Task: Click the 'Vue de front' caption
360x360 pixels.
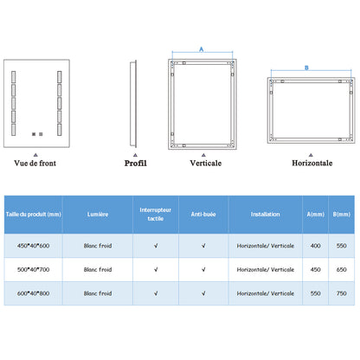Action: pyautogui.click(x=35, y=164)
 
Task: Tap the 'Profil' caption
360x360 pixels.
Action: pyautogui.click(x=136, y=164)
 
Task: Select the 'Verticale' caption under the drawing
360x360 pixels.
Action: pyautogui.click(x=206, y=164)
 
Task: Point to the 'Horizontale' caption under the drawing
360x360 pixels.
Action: pyautogui.click(x=312, y=164)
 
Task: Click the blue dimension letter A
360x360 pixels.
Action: pyautogui.click(x=202, y=49)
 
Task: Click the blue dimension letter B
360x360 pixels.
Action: pyautogui.click(x=306, y=67)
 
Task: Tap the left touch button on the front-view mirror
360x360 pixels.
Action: pyautogui.click(x=34, y=134)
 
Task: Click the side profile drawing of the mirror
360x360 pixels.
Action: pyautogui.click(x=133, y=104)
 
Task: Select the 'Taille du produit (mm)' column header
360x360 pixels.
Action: pyautogui.click(x=34, y=215)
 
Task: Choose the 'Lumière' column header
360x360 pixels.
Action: pyautogui.click(x=98, y=215)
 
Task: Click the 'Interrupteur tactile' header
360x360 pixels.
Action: pyautogui.click(x=156, y=215)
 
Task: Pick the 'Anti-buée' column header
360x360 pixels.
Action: pyautogui.click(x=203, y=215)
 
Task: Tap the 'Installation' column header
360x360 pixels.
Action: pyautogui.click(x=266, y=215)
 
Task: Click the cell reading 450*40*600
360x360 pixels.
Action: pyautogui.click(x=34, y=246)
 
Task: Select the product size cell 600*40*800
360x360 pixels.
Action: pyautogui.click(x=34, y=293)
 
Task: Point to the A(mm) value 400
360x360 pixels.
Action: pyautogui.click(x=316, y=246)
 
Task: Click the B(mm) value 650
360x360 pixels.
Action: pyautogui.click(x=341, y=269)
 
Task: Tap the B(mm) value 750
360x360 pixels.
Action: pyautogui.click(x=341, y=293)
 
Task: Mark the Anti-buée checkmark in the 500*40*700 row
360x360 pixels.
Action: pyautogui.click(x=203, y=269)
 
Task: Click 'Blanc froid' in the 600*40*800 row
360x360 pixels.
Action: pyautogui.click(x=98, y=293)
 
